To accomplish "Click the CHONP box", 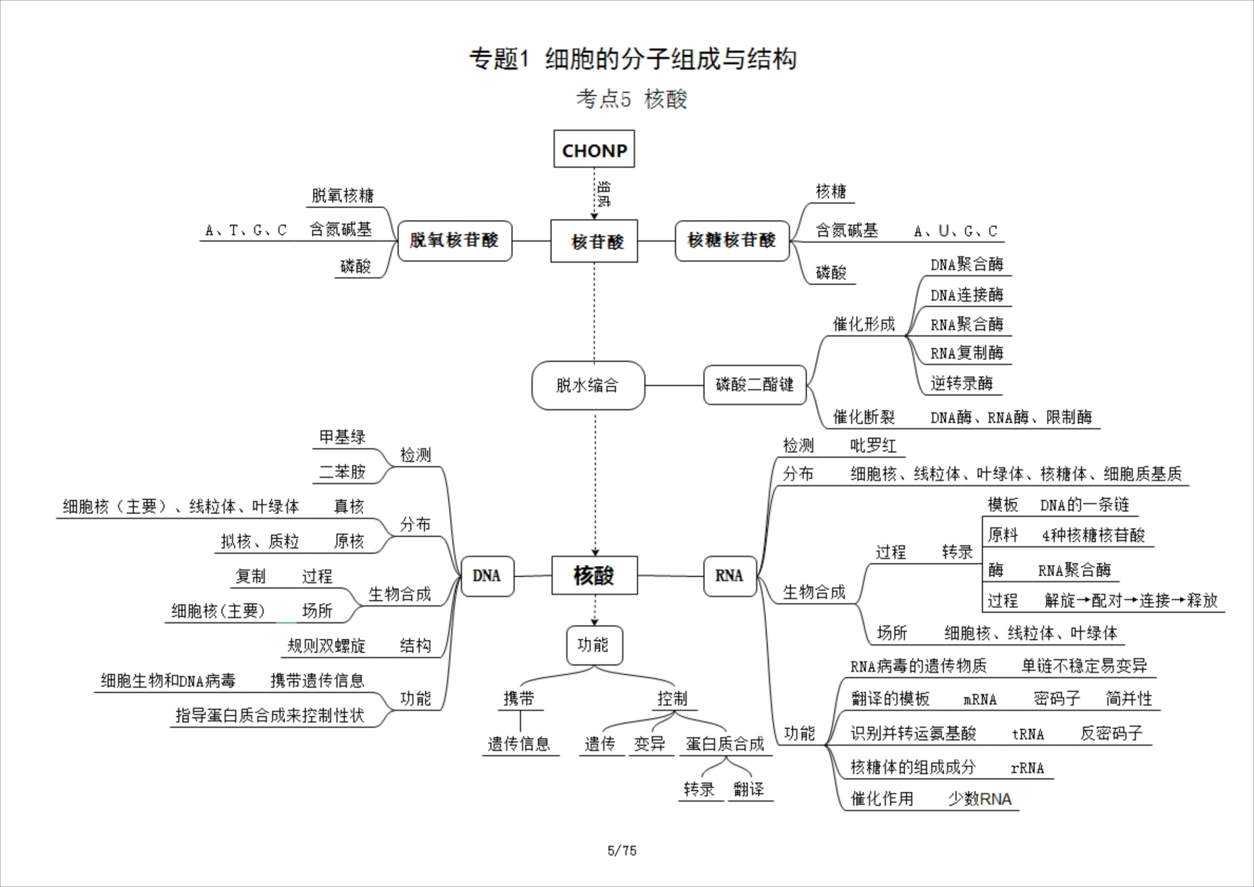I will (x=594, y=149).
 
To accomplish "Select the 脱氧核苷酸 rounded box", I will (x=455, y=241).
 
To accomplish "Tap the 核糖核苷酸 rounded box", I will (x=732, y=241).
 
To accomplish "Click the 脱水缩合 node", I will (x=587, y=385).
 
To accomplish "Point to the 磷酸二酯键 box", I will (x=755, y=384).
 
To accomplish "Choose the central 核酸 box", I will (x=594, y=575).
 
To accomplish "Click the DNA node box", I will (x=487, y=575).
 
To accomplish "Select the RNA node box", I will (x=729, y=575).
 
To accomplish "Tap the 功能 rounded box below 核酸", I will (x=593, y=644).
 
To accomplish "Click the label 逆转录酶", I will (x=961, y=383).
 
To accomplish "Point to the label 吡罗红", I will (x=873, y=446).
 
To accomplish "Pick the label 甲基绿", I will (x=342, y=437).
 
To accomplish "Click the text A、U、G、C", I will (x=956, y=231).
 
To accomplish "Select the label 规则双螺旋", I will (x=326, y=646).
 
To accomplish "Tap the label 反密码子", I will (x=1111, y=733).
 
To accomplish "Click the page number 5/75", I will (x=621, y=851).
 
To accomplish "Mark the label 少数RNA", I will (x=979, y=799).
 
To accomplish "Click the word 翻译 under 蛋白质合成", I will (x=749, y=789).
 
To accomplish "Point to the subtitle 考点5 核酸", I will (x=631, y=99).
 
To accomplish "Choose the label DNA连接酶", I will (x=966, y=295).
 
